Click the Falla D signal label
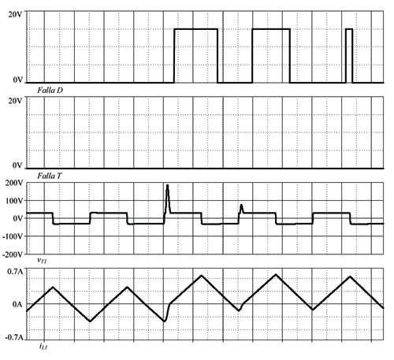point(50,91)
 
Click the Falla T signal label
point(50,176)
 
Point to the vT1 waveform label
point(42,261)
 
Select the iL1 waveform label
point(43,347)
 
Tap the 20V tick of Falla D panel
point(16,14)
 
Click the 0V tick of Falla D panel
point(18,80)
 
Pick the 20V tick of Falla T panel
point(16,100)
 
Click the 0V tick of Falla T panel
point(17,165)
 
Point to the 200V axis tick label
point(14,183)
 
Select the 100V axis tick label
point(14,201)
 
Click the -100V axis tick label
point(13,236)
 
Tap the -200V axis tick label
point(13,254)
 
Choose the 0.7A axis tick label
point(15,272)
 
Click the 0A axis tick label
point(17,304)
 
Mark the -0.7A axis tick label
point(14,337)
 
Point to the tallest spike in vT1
point(168,185)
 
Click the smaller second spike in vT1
point(241,205)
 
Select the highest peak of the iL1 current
point(276,274)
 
